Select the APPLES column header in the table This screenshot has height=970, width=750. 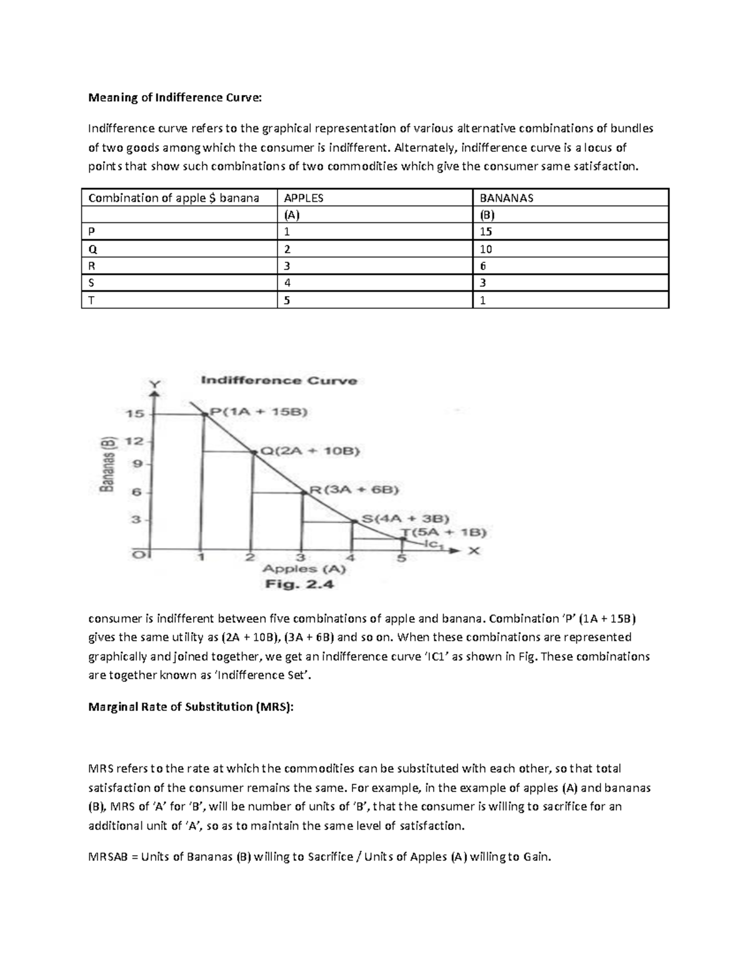pyautogui.click(x=304, y=198)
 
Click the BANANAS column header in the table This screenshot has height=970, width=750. pyautogui.click(x=506, y=198)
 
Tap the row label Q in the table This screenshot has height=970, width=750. pyautogui.click(x=92, y=249)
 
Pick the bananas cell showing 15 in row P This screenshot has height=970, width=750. pyautogui.click(x=486, y=232)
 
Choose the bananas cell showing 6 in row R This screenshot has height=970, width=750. pyautogui.click(x=483, y=266)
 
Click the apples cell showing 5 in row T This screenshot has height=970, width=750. pyautogui.click(x=287, y=300)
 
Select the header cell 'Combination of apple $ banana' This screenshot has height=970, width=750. pyautogui.click(x=174, y=198)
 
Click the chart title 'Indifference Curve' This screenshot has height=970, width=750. pyautogui.click(x=279, y=380)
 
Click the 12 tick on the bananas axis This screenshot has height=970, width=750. pyautogui.click(x=135, y=441)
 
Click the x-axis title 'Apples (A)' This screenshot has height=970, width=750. pyautogui.click(x=304, y=569)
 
